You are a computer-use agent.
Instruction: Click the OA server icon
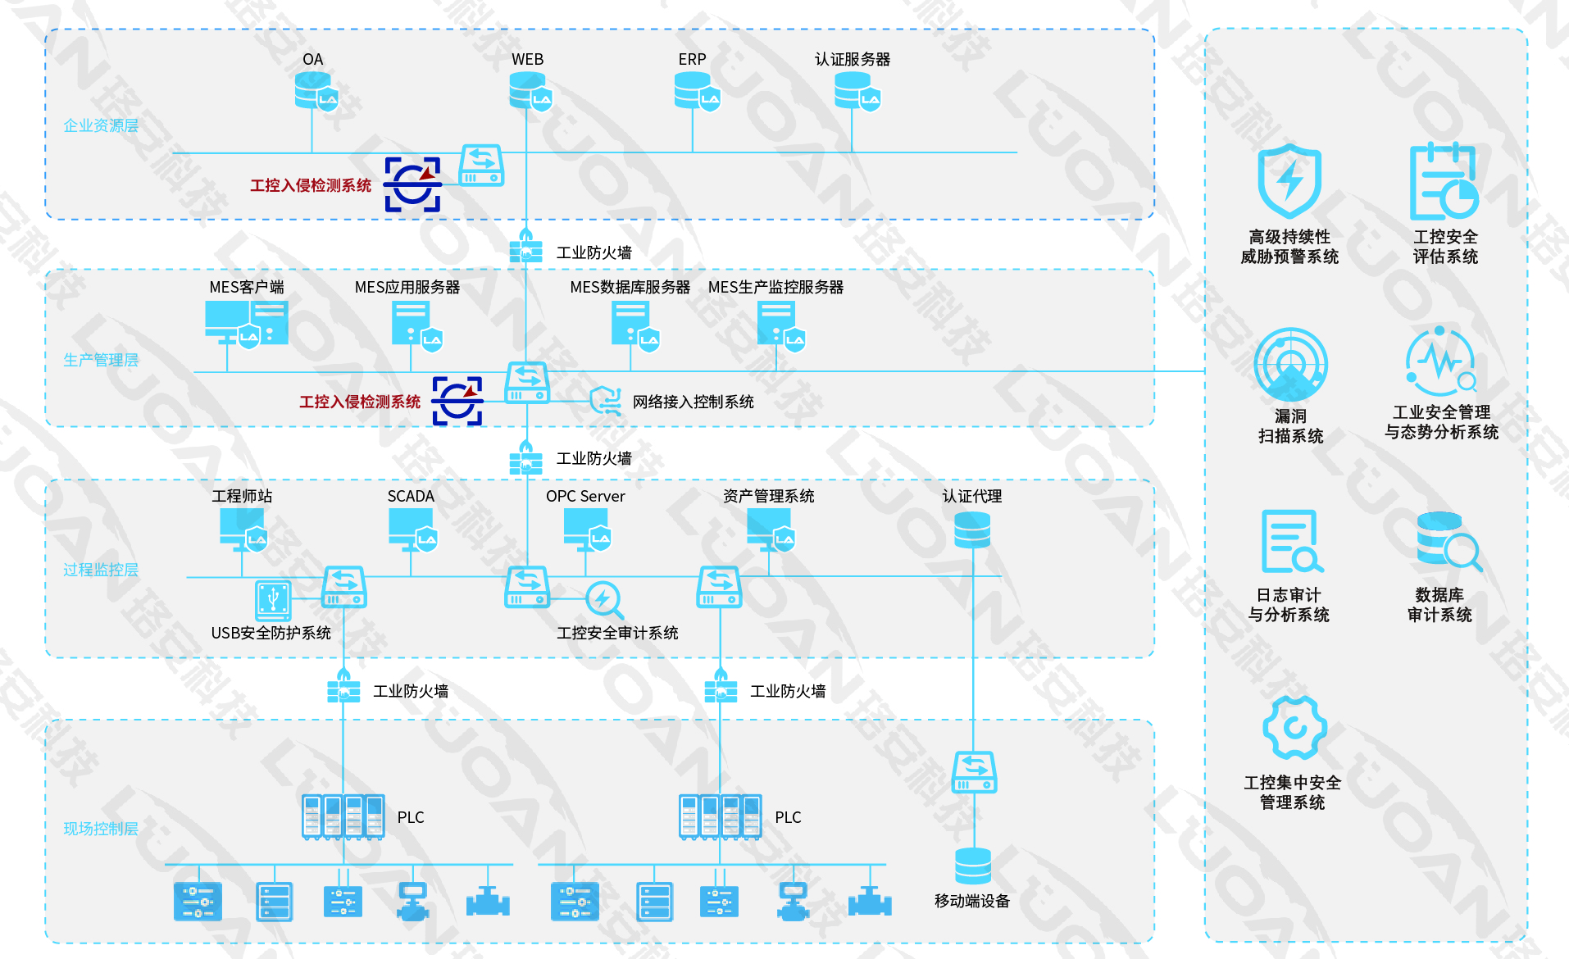click(315, 92)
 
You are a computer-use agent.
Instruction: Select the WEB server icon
click(529, 92)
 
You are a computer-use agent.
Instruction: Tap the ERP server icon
click(695, 92)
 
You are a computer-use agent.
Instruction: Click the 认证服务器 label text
click(852, 60)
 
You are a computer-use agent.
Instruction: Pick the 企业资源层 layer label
click(101, 125)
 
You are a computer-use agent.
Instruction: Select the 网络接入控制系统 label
click(693, 402)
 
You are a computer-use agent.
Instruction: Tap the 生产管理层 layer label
click(101, 360)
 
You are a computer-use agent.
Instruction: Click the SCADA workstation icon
click(412, 529)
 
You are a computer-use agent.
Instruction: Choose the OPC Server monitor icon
click(586, 529)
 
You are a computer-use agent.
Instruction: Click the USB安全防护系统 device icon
click(273, 601)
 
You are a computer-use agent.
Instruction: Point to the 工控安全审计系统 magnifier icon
click(604, 601)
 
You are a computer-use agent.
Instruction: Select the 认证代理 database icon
click(972, 530)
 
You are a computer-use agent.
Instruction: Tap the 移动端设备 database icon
click(973, 866)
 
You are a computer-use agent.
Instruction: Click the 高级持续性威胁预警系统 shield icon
click(1289, 181)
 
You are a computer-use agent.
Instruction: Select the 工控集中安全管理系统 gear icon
click(1294, 728)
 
